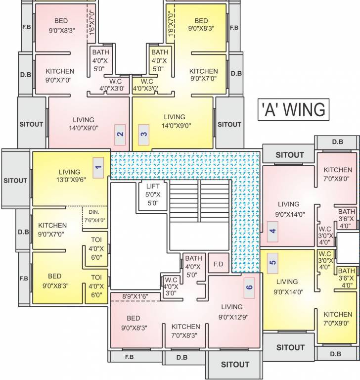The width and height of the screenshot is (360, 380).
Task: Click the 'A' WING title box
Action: (x=293, y=109)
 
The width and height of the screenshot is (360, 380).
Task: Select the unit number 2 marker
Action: (x=120, y=134)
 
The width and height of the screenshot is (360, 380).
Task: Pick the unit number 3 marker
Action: (x=143, y=134)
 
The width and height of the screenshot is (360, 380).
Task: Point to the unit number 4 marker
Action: (x=272, y=231)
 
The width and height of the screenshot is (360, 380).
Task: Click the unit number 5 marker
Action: (x=272, y=262)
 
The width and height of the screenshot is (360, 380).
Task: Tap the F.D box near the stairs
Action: (x=218, y=263)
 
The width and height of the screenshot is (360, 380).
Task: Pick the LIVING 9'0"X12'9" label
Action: (x=232, y=311)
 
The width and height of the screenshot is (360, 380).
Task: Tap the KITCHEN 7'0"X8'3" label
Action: (x=185, y=331)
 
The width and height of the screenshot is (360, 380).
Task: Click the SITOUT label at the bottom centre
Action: (x=235, y=365)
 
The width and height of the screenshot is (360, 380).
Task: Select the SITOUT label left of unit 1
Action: (x=15, y=181)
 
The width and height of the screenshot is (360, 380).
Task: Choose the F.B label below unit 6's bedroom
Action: (x=129, y=357)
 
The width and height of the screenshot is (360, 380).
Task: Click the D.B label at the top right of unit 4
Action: (x=337, y=142)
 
